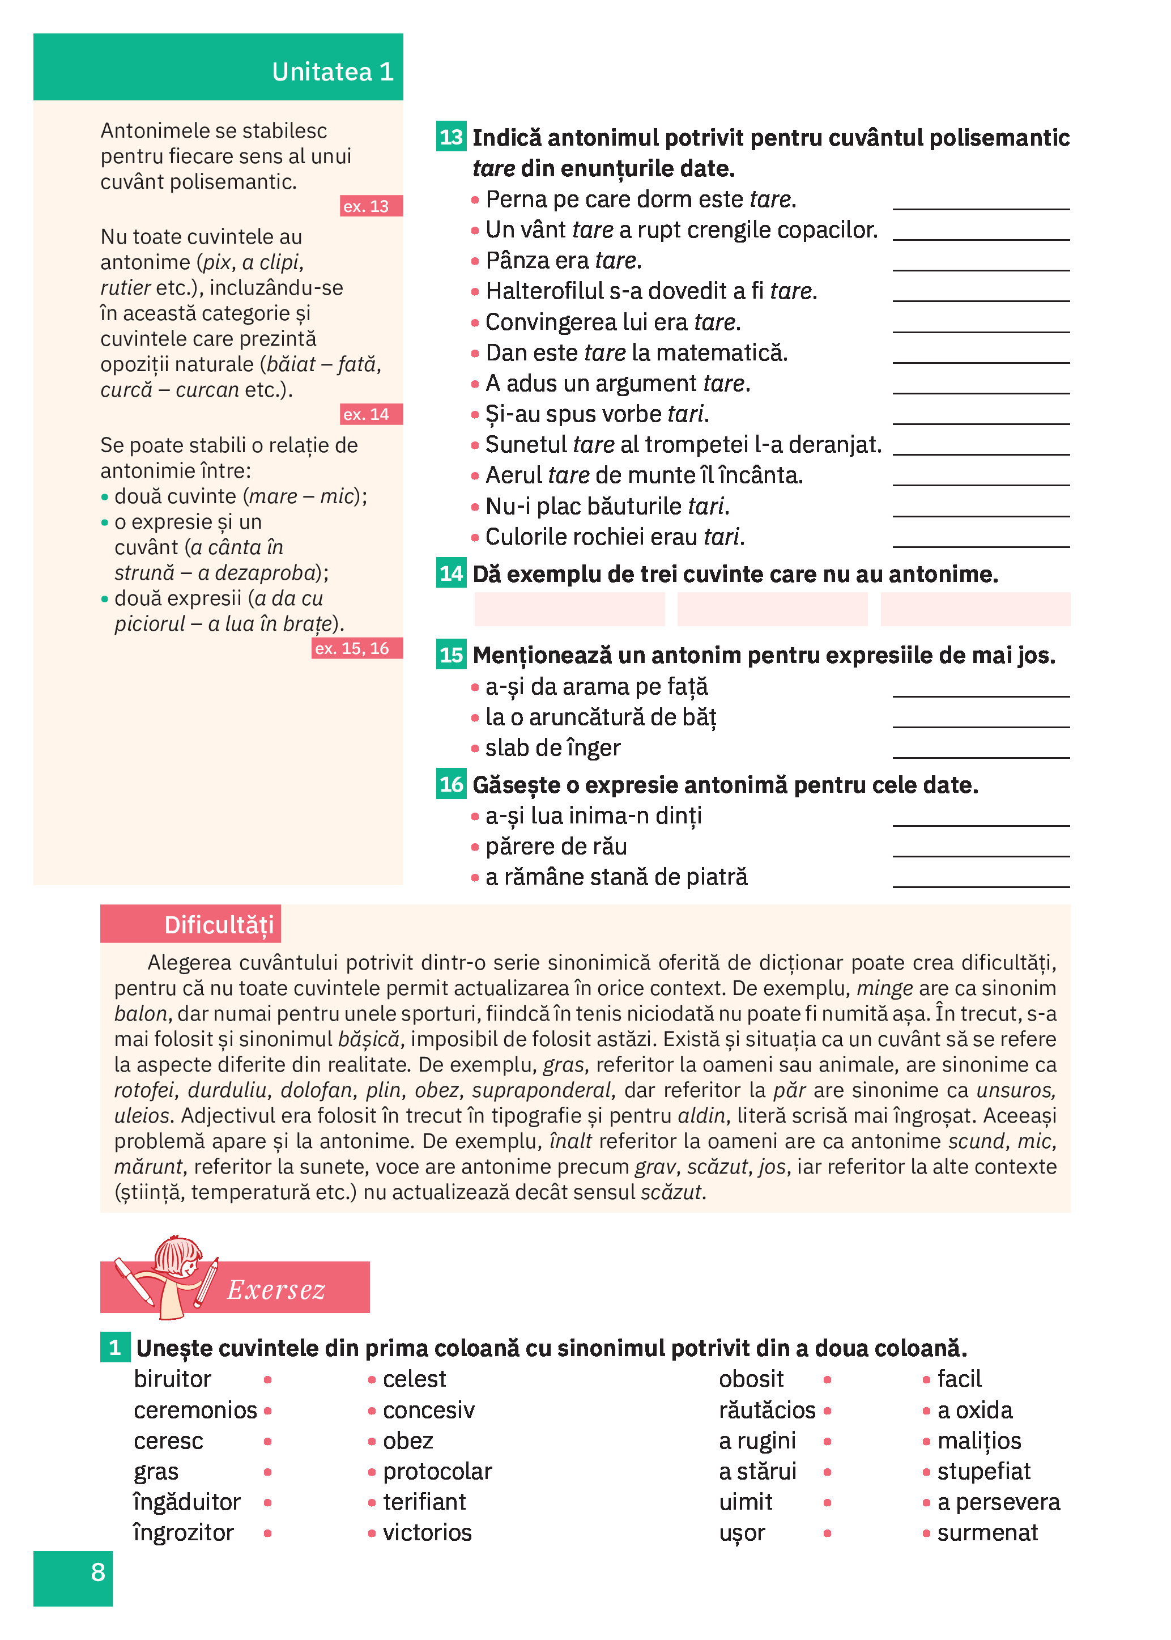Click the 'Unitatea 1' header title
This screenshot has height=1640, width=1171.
333,71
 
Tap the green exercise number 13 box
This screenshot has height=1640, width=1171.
452,137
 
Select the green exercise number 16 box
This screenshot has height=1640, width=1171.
452,784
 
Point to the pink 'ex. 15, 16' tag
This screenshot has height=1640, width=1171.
357,648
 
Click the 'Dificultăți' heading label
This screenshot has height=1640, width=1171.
219,925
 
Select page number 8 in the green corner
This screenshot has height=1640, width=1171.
98,1571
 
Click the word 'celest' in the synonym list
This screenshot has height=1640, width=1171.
414,1379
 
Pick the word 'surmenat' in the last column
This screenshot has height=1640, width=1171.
987,1532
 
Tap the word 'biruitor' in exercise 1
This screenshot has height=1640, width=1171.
172,1379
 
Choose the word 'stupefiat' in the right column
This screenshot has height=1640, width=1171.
983,1471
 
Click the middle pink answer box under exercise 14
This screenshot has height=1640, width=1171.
772,609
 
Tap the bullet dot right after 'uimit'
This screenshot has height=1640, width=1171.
827,1503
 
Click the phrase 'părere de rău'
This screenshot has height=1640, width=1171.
556,847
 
